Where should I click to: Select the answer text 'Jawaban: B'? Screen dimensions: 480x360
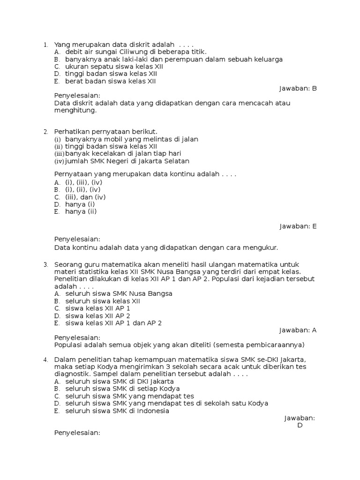point(298,88)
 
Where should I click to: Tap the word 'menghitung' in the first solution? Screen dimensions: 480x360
point(75,111)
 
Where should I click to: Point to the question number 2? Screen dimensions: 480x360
point(45,132)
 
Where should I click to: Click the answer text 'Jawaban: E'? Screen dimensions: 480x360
point(298,226)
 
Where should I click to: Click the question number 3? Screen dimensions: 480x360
point(45,265)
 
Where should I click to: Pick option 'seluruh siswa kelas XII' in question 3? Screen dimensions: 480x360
point(103,301)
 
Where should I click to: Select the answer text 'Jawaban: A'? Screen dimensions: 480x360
point(298,330)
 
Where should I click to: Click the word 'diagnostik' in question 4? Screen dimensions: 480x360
point(72,375)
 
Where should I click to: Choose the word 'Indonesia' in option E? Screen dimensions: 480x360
point(152,411)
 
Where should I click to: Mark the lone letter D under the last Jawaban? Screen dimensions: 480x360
point(300,426)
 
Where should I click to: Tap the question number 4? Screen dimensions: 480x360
point(45,360)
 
